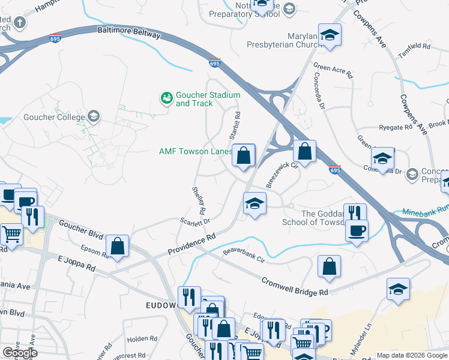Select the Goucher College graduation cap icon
[x=93, y=116]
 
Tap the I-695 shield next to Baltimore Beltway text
[x=54, y=38]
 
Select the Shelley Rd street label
[x=199, y=201]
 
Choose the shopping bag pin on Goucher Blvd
[x=118, y=246]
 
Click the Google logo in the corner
[x=20, y=353]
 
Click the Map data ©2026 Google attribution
[x=411, y=355]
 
